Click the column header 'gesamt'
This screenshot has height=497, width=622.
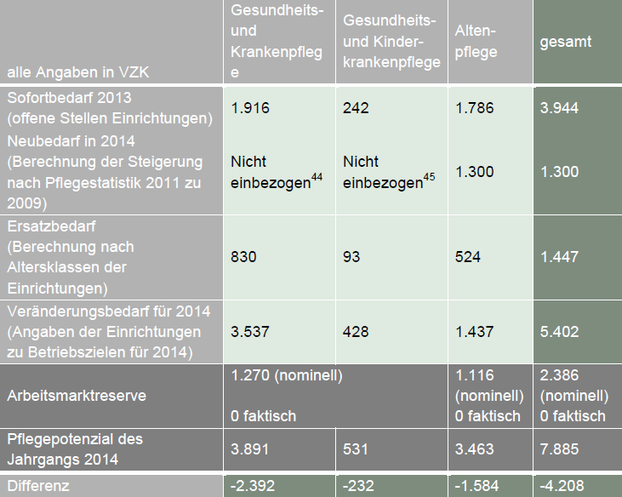pos(565,41)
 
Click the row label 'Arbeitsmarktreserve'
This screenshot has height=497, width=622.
pos(77,395)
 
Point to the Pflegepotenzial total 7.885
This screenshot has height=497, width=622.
pos(558,449)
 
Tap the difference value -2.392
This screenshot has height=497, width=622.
pos(252,486)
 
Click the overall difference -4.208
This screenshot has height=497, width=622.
pos(561,486)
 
